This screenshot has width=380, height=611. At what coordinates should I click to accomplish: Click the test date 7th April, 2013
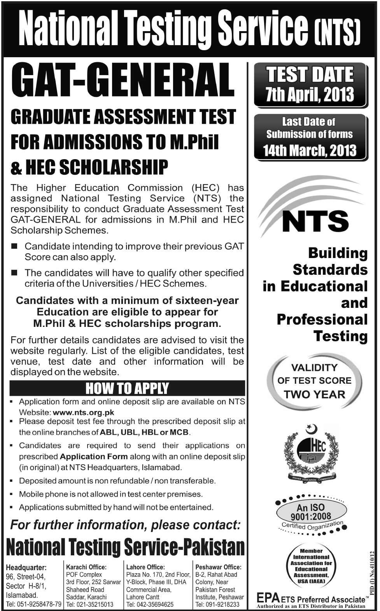pos(310,95)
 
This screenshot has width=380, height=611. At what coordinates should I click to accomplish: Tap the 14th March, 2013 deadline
pos(310,150)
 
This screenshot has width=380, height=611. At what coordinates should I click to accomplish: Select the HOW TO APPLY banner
pos(127,388)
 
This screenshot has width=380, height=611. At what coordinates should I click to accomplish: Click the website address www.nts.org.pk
pos(83,412)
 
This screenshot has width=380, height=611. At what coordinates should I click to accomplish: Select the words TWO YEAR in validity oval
pos(314,394)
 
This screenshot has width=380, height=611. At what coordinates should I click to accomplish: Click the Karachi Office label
pos(86,567)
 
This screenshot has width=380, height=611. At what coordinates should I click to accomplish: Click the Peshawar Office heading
pos(218,567)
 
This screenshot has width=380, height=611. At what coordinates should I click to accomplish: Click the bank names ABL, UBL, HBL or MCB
pos(144,432)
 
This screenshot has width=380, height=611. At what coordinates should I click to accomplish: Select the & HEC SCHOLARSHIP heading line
pos(89,167)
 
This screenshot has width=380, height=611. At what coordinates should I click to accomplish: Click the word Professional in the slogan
pos(322,320)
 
